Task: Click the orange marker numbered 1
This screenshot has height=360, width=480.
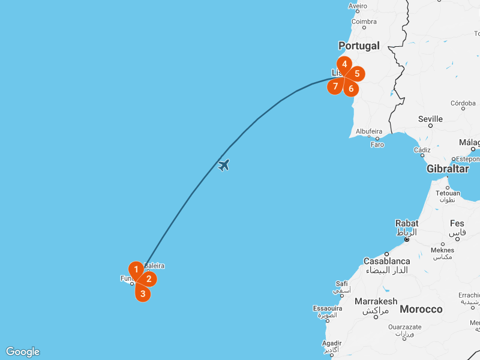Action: [137, 269]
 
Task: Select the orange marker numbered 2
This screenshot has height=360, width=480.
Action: [149, 279]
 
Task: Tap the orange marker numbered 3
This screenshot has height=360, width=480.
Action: [142, 293]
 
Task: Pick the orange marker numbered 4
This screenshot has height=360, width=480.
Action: [344, 64]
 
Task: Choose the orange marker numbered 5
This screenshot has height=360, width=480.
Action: [357, 74]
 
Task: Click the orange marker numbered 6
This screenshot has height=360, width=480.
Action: [351, 89]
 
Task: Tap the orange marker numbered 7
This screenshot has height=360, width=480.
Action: [335, 86]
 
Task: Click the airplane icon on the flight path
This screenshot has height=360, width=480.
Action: [224, 164]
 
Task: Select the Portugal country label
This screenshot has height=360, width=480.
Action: [359, 46]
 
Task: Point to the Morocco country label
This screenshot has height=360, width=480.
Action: [421, 309]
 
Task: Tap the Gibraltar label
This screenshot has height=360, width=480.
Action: [448, 169]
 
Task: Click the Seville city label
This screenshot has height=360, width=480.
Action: [430, 119]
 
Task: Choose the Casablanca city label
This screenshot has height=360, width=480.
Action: [388, 261]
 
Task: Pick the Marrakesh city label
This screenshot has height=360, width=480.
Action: [376, 301]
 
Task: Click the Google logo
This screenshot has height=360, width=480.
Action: [23, 352]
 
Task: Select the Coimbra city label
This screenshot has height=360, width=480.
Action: [364, 22]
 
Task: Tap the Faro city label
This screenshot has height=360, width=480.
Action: [377, 145]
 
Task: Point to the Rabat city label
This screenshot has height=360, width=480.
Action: [407, 223]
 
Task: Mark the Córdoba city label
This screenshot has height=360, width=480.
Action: [463, 103]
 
